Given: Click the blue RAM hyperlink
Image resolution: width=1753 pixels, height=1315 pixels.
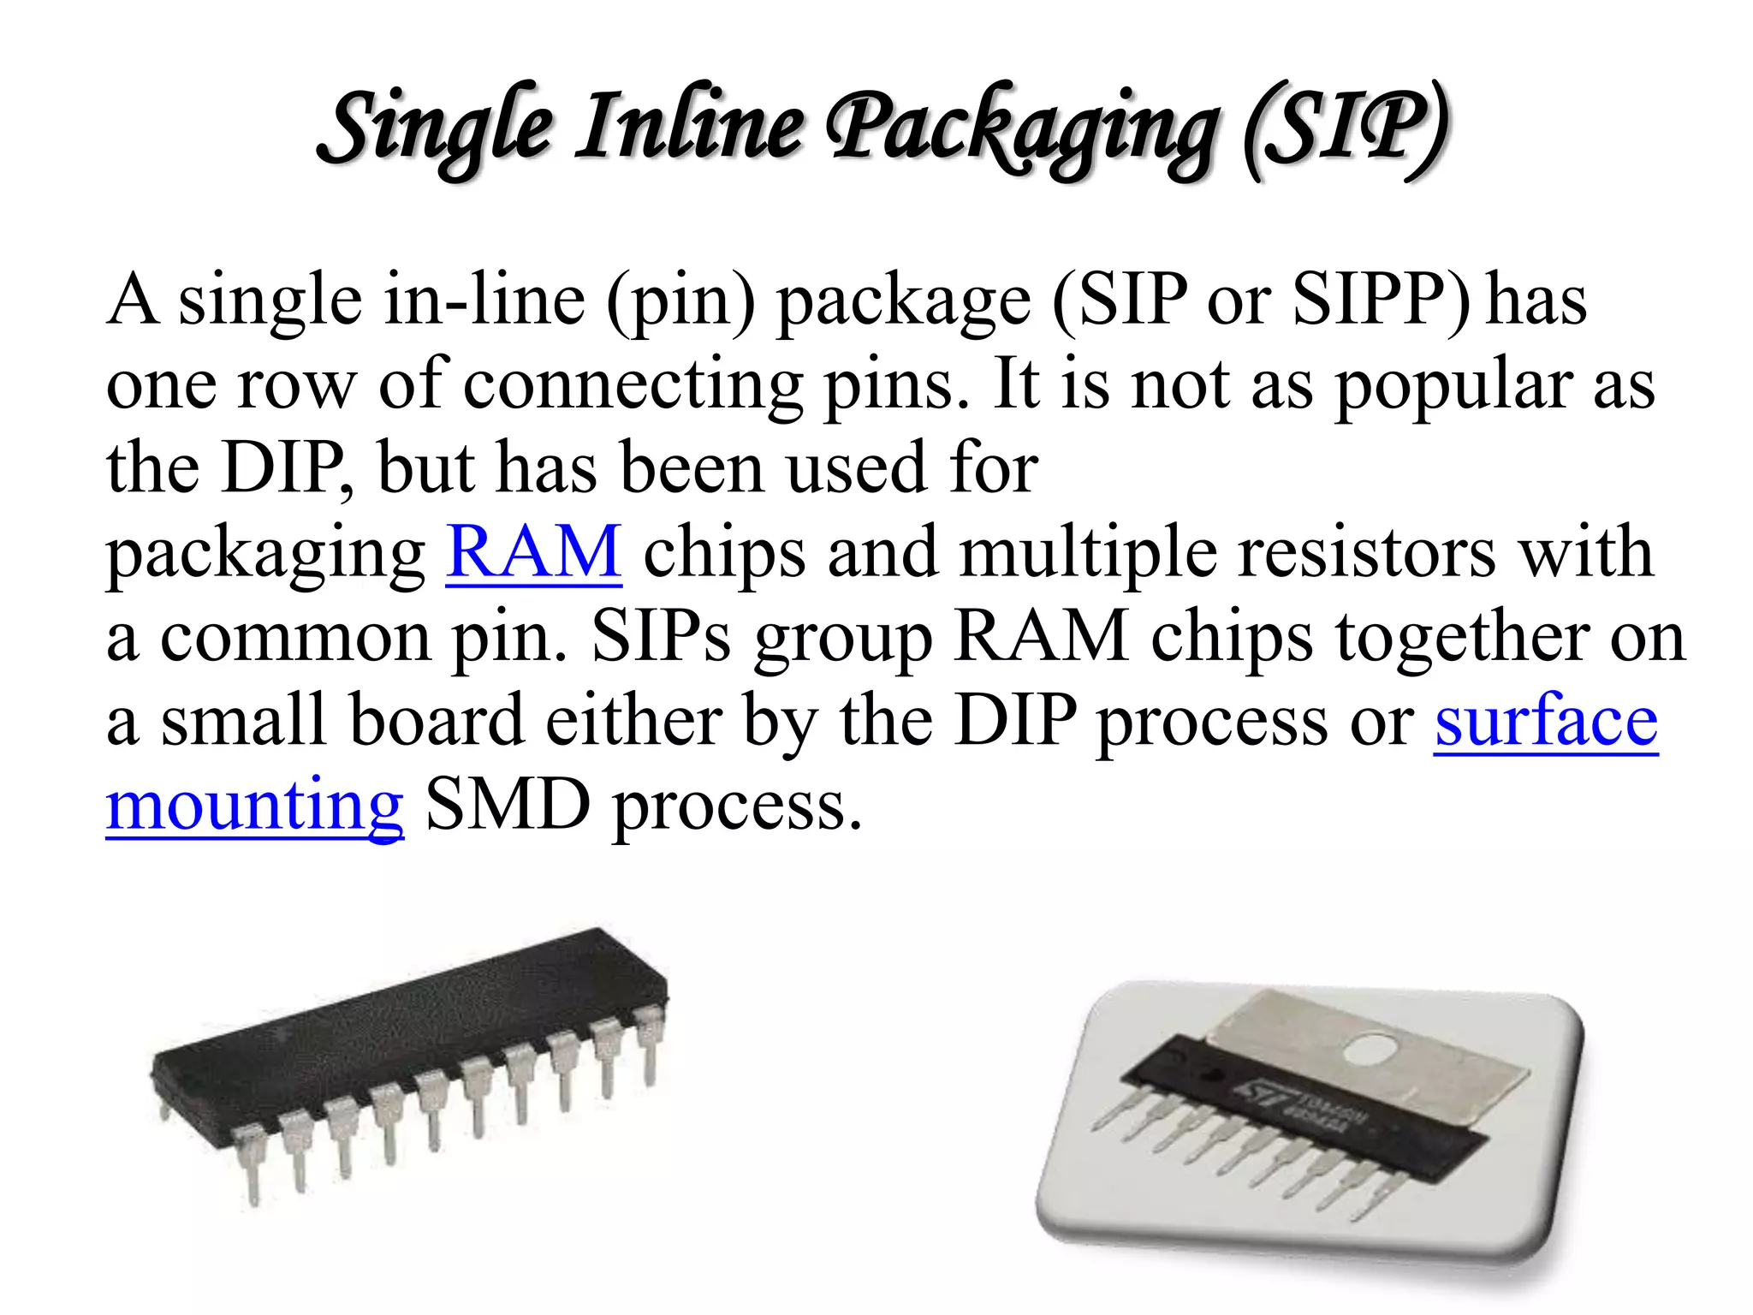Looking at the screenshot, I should tap(533, 552).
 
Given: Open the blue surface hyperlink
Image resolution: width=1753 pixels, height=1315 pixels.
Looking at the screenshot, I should tap(1546, 721).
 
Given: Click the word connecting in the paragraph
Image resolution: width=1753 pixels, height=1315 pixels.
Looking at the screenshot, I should tap(633, 385).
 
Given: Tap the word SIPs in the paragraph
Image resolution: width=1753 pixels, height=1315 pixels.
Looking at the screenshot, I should tap(661, 637).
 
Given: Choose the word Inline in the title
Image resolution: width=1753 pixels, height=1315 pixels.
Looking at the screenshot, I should tap(689, 128).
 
